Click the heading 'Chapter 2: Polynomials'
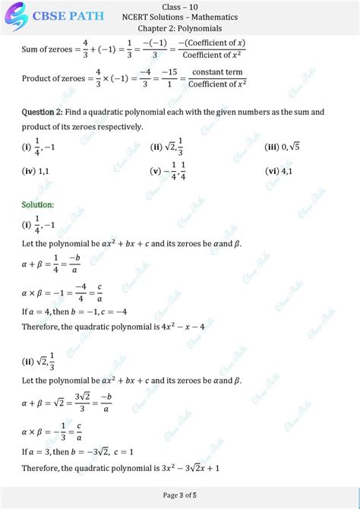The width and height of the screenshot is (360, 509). (179, 28)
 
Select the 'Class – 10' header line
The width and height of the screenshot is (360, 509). (179, 6)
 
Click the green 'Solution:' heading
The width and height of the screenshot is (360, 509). (38, 205)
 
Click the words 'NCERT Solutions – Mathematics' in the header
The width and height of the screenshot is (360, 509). (179, 17)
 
